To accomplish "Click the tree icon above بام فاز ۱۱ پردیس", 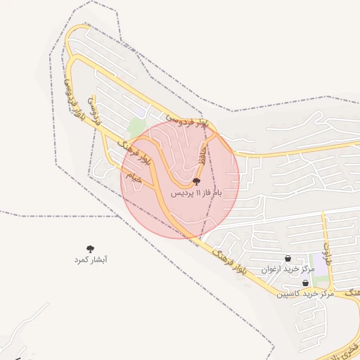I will click(195, 181).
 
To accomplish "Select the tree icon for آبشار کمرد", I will click(90, 248).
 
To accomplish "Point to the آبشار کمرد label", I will click(91, 259).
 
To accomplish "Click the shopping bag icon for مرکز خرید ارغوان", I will click(288, 258).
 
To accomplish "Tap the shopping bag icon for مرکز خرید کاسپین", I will click(304, 283).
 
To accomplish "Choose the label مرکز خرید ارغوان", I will click(289, 269).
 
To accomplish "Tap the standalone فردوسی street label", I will click(94, 110).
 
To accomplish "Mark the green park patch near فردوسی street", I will click(137, 129).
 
